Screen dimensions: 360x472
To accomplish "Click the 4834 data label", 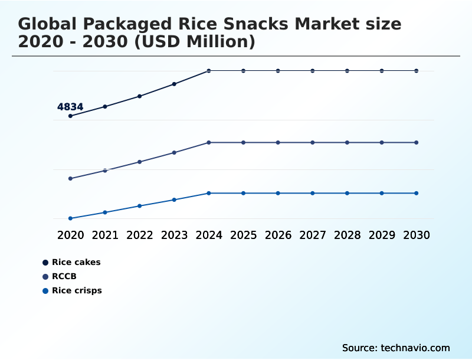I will point(70,107).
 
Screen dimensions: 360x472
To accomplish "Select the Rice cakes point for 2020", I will point(70,116).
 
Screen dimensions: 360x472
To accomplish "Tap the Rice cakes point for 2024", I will point(209,71).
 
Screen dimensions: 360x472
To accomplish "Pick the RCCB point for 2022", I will point(140,162).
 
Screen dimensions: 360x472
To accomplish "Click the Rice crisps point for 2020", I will point(70,218).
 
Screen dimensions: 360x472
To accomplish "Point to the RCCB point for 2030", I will point(417,142).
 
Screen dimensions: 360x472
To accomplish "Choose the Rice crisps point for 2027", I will point(313,193).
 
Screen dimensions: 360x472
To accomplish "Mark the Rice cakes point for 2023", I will point(174,84).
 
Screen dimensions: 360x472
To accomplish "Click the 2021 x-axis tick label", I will point(105,235).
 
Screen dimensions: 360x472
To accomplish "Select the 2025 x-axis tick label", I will point(244,235).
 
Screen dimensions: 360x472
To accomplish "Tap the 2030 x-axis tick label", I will point(417,235).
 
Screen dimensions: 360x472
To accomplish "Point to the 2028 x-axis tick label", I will point(347,235).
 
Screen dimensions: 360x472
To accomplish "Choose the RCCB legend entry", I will point(64,276).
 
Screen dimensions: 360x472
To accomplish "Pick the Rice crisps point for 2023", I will point(174,199).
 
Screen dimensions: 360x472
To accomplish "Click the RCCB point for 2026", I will point(278,142).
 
